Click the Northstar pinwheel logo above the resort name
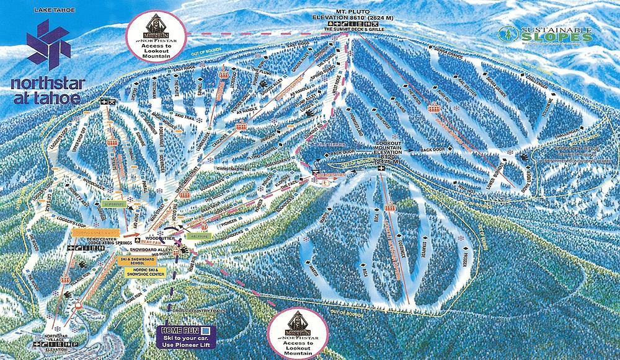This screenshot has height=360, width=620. [46, 45]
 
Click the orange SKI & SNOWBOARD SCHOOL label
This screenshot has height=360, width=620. [136, 260]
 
